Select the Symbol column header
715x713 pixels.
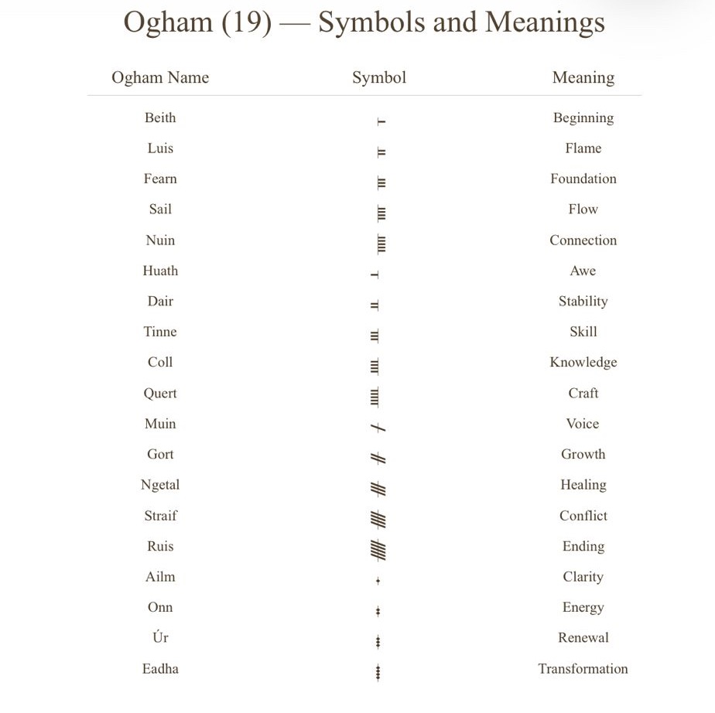(378, 77)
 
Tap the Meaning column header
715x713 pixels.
(583, 77)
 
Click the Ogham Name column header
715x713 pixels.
(160, 77)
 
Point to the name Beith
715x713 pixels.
(160, 118)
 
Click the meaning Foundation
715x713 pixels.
(583, 179)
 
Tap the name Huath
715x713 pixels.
(160, 271)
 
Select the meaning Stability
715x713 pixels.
(583, 301)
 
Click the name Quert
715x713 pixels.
(160, 393)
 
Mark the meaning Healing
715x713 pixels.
(583, 485)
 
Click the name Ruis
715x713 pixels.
(160, 546)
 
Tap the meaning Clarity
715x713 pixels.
(583, 577)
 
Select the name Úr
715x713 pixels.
(160, 637)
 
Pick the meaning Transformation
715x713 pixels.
(583, 669)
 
